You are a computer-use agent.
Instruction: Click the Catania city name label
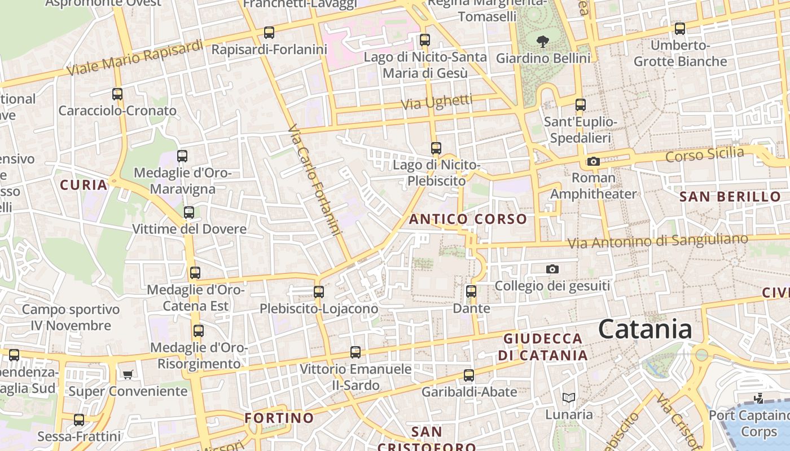point(645,329)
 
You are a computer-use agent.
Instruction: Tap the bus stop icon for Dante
point(471,291)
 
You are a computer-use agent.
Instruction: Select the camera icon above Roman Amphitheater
point(593,162)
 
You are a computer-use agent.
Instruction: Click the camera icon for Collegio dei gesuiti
point(552,269)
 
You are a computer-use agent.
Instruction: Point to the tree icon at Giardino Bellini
point(543,41)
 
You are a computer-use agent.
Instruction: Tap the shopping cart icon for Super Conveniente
point(128,374)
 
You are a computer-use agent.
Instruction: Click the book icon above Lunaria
point(569,398)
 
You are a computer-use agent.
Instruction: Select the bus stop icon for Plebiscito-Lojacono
point(319,292)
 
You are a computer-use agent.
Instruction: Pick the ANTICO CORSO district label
point(468,219)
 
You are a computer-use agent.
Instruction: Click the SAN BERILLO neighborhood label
point(730,197)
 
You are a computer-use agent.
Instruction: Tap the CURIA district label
point(84,185)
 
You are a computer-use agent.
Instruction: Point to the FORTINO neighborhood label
point(279,418)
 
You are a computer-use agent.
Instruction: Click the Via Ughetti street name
point(437,102)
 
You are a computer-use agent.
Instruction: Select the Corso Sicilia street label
point(705,154)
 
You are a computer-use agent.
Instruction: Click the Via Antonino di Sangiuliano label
point(657,241)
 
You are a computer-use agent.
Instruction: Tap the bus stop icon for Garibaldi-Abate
point(469,375)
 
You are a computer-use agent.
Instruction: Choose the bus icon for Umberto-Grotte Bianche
point(680,29)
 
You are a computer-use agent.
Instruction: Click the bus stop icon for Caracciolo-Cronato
point(117,94)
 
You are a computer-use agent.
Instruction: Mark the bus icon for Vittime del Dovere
point(189,213)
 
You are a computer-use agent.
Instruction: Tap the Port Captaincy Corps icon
point(759,399)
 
